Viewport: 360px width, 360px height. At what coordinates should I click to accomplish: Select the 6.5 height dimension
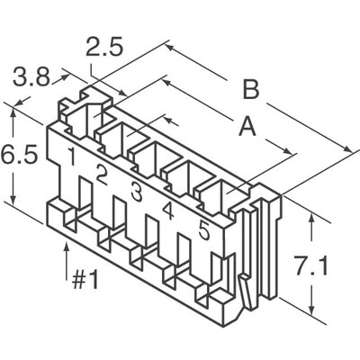point(16,155)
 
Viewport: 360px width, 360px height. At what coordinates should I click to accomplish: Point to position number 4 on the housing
point(168,211)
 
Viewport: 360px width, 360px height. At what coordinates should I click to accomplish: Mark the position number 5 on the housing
point(203,230)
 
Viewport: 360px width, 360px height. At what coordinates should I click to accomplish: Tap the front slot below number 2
point(118,219)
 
